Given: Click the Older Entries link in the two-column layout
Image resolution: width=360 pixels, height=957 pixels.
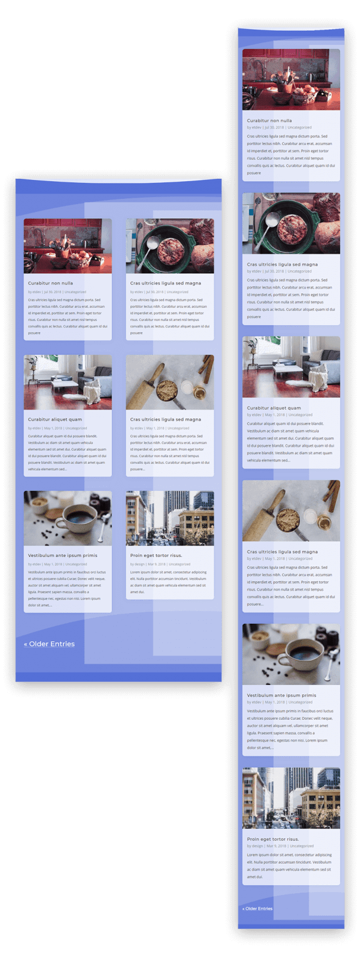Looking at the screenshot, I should coord(50,644).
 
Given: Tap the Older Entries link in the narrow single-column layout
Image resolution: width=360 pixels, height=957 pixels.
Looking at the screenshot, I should coord(257,908).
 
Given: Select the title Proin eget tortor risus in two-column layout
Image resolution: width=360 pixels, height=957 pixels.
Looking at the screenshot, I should coord(156,555).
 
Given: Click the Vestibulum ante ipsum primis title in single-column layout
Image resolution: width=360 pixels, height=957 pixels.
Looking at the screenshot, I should coord(282,695).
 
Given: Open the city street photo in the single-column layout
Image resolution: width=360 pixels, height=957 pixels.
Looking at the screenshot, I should coord(291,798).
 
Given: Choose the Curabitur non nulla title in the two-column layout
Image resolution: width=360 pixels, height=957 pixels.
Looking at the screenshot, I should coord(51,283).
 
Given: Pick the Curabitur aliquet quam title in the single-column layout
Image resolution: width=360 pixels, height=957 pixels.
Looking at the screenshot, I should coord(274,408).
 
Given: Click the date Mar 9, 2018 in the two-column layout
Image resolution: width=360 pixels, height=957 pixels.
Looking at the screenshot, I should coord(156,564).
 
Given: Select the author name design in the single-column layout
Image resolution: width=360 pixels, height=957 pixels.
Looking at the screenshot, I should coord(257,846).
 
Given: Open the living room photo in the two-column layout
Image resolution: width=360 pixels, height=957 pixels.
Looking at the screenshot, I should coord(67,382).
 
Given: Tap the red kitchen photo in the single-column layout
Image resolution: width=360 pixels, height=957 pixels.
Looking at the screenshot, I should coord(291,79).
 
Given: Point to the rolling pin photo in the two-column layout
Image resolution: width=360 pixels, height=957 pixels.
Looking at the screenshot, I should coord(169,382).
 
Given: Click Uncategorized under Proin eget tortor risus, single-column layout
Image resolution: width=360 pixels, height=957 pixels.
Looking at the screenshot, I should coord(302,846).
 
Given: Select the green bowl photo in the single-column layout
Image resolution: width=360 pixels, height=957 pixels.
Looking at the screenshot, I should coord(291,224).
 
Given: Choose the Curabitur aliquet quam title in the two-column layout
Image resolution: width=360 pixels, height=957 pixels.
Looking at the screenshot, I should coord(55,419).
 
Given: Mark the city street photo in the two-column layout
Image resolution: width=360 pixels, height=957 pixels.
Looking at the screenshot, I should coord(169,518).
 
